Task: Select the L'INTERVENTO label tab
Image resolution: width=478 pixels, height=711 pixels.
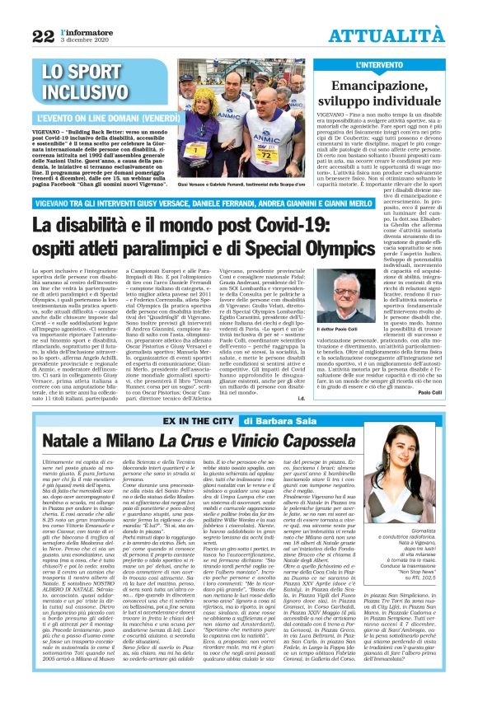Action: tap(377, 64)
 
